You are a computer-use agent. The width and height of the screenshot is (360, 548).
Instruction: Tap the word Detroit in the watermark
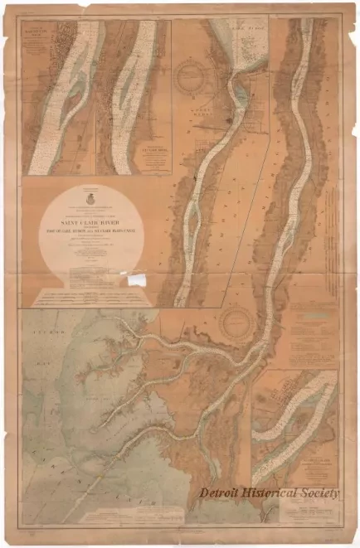tap(223, 492)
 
